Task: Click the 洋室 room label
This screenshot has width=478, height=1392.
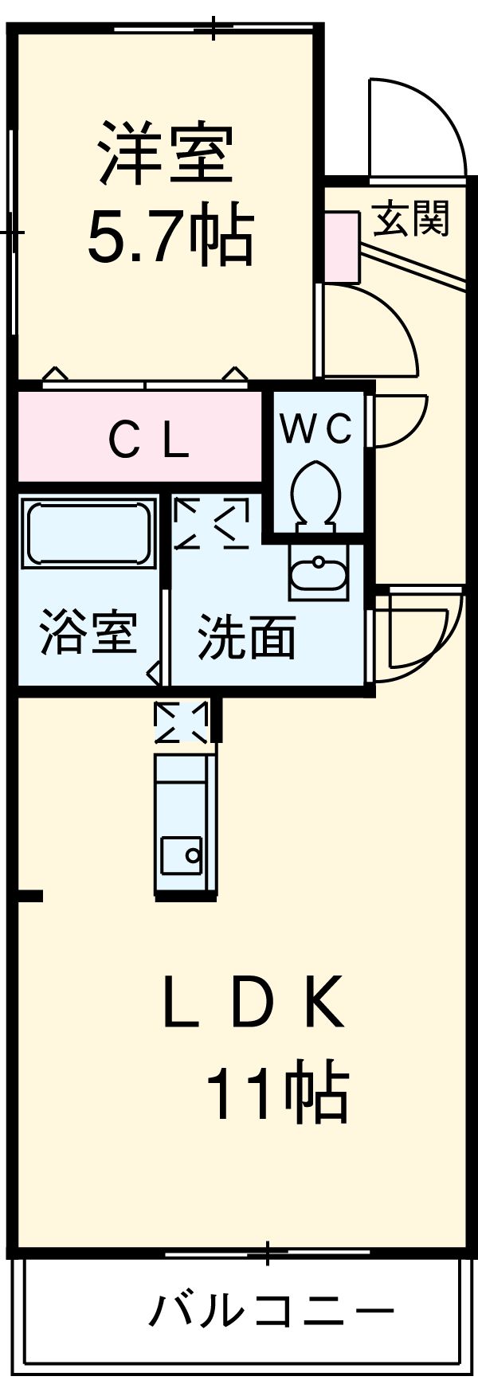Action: [x=166, y=153]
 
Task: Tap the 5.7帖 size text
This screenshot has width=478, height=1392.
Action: [x=170, y=237]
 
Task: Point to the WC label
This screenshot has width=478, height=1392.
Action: [x=316, y=430]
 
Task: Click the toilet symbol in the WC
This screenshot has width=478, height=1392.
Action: [x=315, y=494]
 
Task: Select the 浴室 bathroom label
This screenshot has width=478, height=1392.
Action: [x=88, y=631]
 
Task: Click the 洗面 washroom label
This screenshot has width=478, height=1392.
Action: [x=246, y=636]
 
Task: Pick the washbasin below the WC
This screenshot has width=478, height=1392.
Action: [x=318, y=573]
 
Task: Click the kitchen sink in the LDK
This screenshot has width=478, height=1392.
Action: [x=182, y=856]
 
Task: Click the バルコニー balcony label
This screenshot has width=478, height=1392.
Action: [x=272, y=1310]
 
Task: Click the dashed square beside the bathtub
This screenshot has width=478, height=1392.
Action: [x=211, y=523]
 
